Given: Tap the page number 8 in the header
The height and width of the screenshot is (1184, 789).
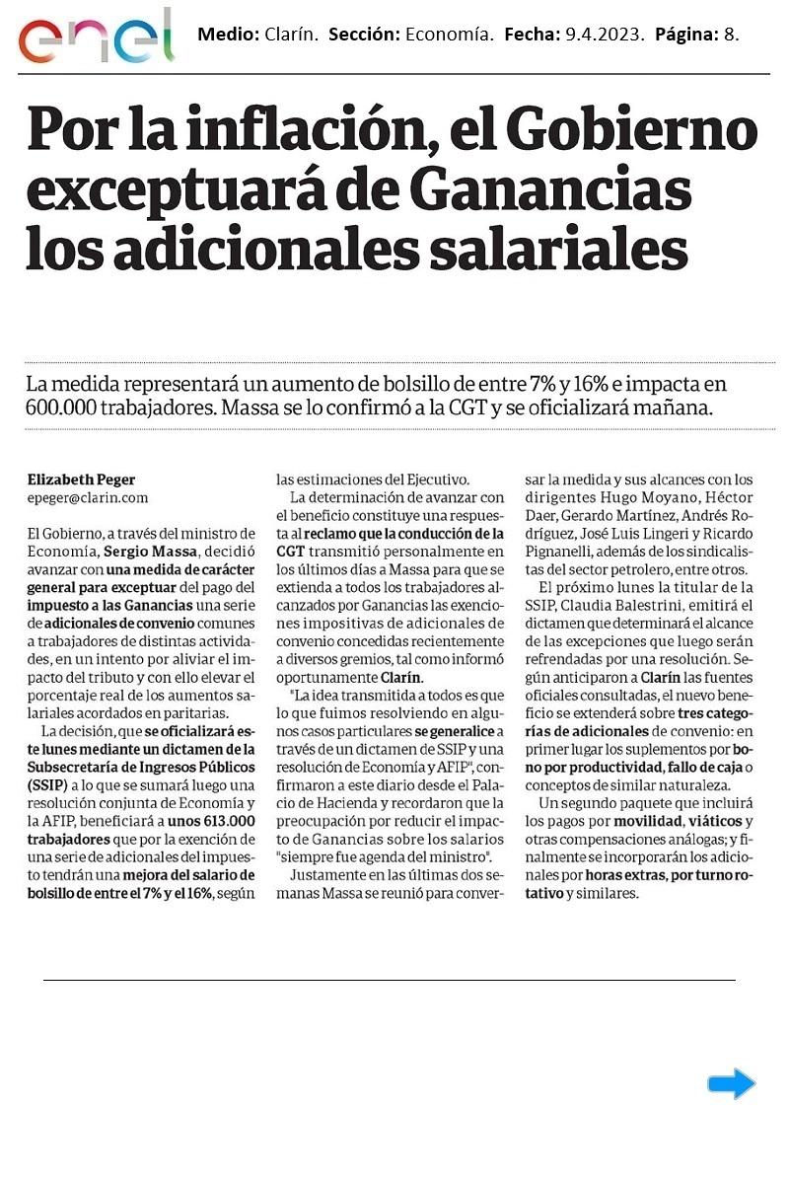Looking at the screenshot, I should tap(731, 35).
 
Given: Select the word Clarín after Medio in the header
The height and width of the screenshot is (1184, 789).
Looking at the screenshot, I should tap(291, 35).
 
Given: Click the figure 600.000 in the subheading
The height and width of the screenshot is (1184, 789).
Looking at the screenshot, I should tap(66, 407).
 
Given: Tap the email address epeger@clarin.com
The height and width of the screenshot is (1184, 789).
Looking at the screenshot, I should tap(88, 498).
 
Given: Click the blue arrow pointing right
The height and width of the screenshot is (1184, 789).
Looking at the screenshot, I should tap(731, 1083).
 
